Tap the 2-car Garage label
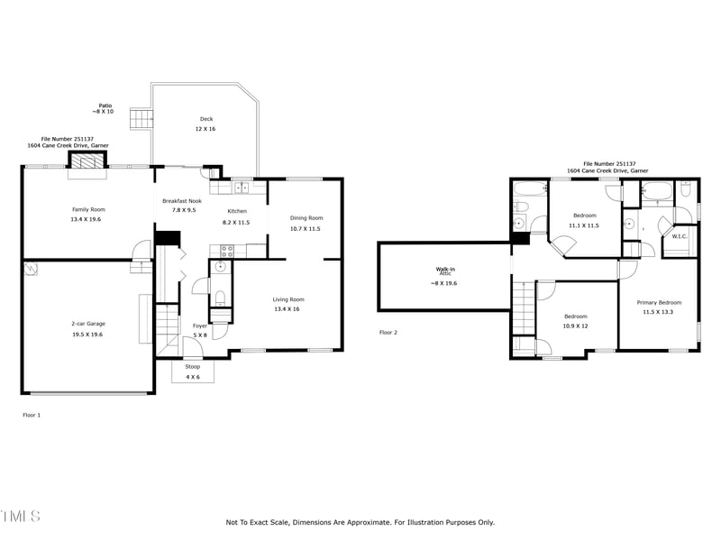(x=88, y=323)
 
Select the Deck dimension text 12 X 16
(x=206, y=129)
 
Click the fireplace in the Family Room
(x=87, y=161)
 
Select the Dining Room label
(x=306, y=217)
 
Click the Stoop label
(x=193, y=367)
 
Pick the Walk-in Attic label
(x=445, y=270)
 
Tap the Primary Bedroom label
(x=659, y=302)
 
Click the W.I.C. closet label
(x=679, y=236)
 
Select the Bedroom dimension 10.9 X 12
(x=575, y=326)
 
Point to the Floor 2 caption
(x=388, y=333)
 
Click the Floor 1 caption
(x=32, y=415)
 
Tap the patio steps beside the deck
(x=139, y=119)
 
